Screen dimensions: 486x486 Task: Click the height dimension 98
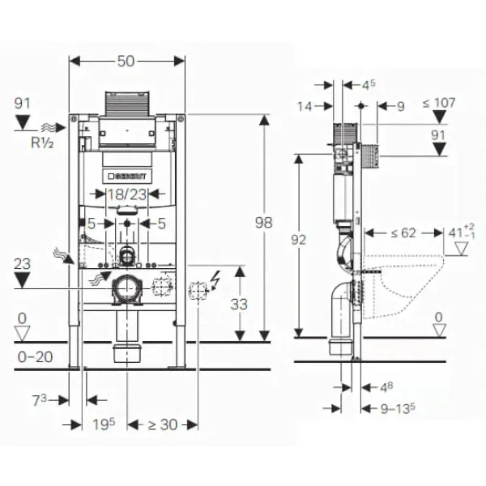[263, 221]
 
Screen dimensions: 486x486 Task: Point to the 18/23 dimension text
[126, 195]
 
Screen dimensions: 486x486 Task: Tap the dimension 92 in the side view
[300, 239]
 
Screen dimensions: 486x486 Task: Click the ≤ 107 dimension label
[438, 103]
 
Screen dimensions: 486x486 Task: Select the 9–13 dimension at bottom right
[398, 409]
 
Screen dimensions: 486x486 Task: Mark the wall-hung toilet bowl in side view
[405, 279]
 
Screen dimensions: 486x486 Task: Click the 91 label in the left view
[23, 104]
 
